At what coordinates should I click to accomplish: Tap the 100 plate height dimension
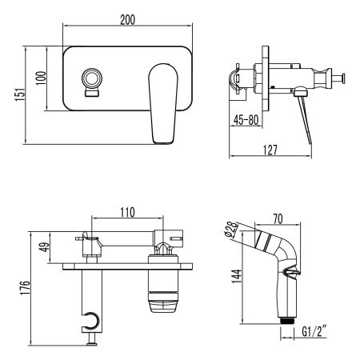41,78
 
